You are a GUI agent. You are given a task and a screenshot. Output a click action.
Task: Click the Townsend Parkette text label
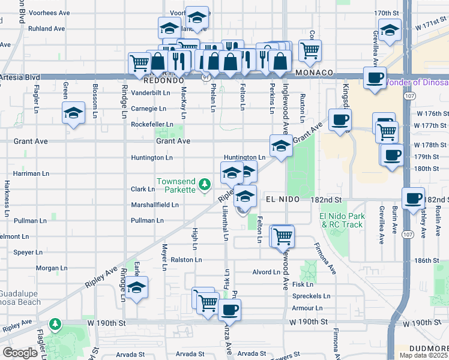pyautogui.click(x=176, y=185)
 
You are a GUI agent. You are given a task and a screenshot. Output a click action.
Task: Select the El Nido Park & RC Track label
pyautogui.click(x=341, y=220)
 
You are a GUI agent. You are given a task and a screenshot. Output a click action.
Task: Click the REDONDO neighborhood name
pyautogui.click(x=163, y=80)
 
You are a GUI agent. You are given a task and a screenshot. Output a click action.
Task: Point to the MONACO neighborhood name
pyautogui.click(x=314, y=73)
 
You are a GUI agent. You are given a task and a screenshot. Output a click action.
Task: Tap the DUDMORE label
pyautogui.click(x=429, y=349)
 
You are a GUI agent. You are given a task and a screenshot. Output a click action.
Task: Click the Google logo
pyautogui.click(x=20, y=353)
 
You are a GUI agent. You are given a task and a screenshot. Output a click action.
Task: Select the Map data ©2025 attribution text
pyautogui.click(x=423, y=355)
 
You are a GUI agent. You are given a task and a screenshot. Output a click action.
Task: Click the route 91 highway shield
pyautogui.click(x=206, y=77)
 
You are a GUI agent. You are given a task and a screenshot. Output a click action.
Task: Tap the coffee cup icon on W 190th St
pyautogui.click(x=229, y=310)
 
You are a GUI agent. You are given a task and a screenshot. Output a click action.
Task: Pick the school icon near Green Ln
pyautogui.click(x=73, y=112)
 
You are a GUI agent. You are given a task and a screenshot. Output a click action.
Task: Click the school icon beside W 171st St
pyautogui.click(x=390, y=31)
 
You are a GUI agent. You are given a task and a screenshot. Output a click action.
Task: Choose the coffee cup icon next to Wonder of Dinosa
pyautogui.click(x=375, y=78)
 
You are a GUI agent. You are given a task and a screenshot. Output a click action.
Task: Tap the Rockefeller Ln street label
pyautogui.click(x=152, y=125)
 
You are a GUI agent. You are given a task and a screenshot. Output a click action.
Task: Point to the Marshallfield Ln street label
pyautogui.click(x=155, y=205)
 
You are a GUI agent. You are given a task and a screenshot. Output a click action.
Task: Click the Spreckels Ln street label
pyautogui.click(x=311, y=296)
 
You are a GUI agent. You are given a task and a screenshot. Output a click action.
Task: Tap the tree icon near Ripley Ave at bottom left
pyautogui.click(x=55, y=325)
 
